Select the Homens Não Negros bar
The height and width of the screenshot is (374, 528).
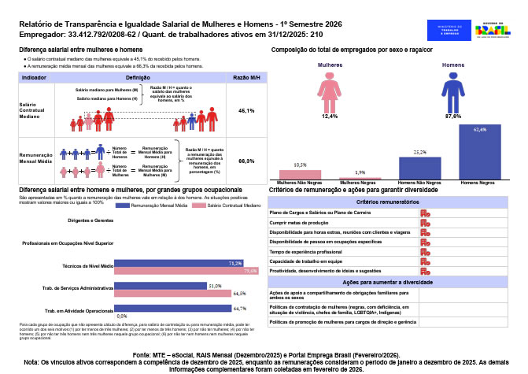(x=419, y=168)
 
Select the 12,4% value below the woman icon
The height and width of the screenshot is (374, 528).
(x=330, y=116)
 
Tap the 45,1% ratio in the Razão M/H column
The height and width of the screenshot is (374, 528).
(x=246, y=111)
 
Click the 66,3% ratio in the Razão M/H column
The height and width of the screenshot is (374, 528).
(x=246, y=161)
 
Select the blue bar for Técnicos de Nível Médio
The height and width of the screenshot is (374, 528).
(x=178, y=263)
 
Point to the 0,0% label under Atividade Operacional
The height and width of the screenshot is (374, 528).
(x=122, y=315)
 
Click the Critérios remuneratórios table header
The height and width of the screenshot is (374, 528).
(x=393, y=202)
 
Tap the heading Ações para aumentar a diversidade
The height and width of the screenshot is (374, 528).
(x=393, y=282)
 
